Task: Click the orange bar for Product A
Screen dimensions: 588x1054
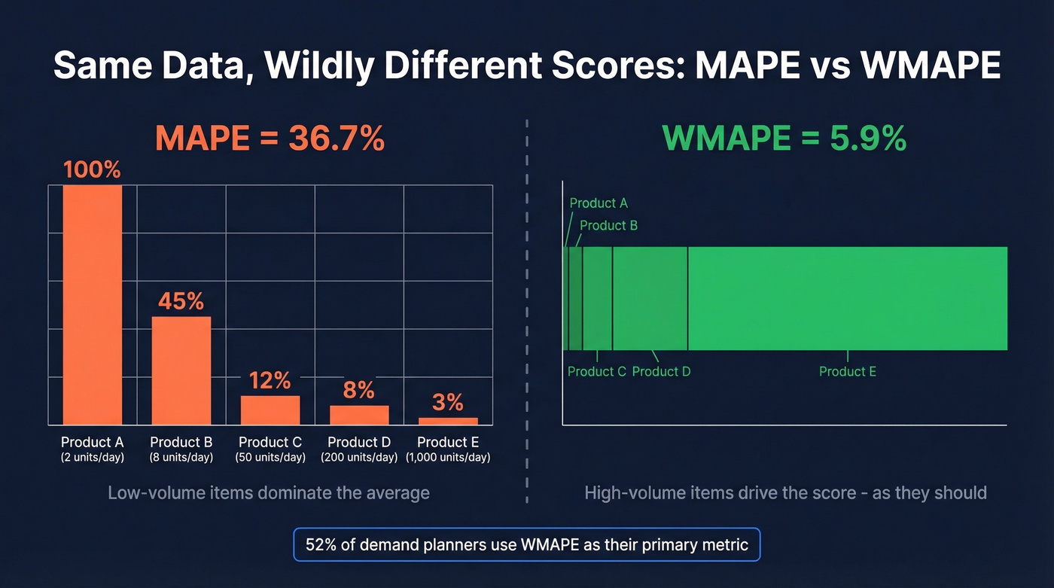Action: pyautogui.click(x=92, y=305)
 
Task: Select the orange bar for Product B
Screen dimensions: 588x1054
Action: pyautogui.click(x=181, y=370)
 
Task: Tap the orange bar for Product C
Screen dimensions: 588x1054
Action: pyautogui.click(x=270, y=410)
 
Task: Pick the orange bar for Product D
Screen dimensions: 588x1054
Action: pyautogui.click(x=359, y=415)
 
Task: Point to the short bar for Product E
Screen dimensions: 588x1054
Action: pyautogui.click(x=448, y=421)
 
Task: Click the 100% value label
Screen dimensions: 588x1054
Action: pyautogui.click(x=92, y=169)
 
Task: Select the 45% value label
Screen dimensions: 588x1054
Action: pyautogui.click(x=181, y=301)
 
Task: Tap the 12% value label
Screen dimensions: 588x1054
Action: pyautogui.click(x=270, y=380)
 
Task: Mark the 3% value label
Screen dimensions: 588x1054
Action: pyautogui.click(x=448, y=402)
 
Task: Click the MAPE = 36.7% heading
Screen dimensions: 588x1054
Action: pyautogui.click(x=270, y=139)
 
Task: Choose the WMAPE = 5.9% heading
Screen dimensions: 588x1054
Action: pyautogui.click(x=784, y=139)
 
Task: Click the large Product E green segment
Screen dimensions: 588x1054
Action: pyautogui.click(x=847, y=298)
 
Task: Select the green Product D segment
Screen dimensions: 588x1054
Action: pyautogui.click(x=650, y=298)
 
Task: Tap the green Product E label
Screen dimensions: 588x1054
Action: pyautogui.click(x=847, y=371)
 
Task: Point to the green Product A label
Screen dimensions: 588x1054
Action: pyautogui.click(x=599, y=203)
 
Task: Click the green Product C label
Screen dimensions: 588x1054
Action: pyautogui.click(x=596, y=371)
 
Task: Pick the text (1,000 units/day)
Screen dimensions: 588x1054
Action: pyautogui.click(x=448, y=458)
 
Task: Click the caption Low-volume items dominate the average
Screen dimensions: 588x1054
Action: pyautogui.click(x=269, y=493)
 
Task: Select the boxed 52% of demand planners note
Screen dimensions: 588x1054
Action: pyautogui.click(x=527, y=544)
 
